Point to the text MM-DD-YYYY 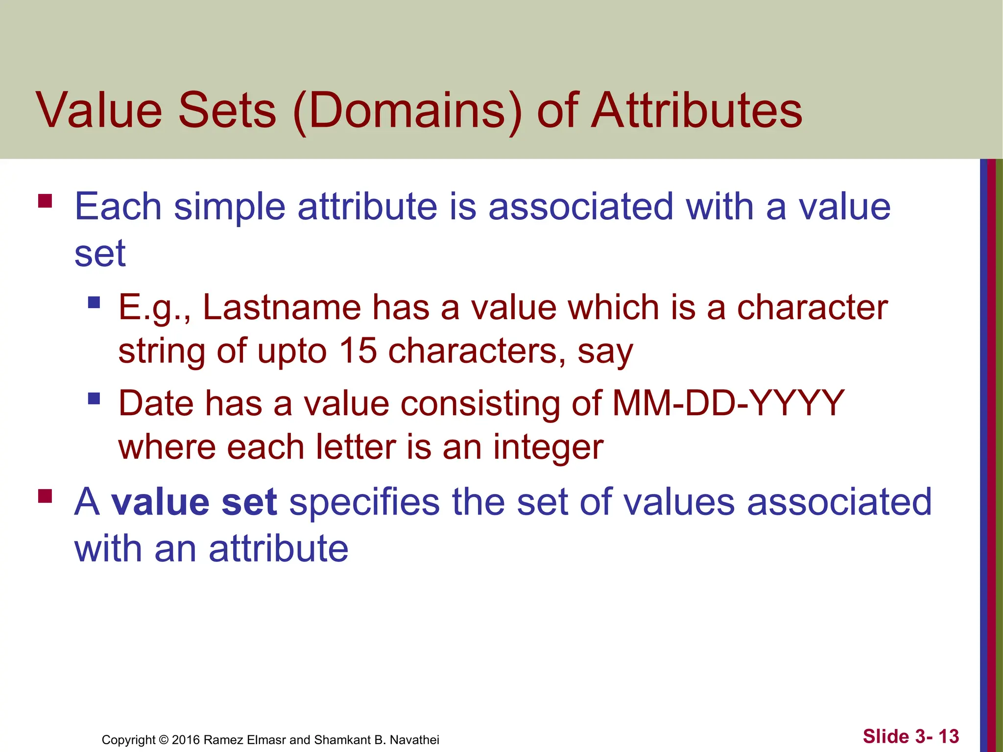(728, 403)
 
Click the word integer (548, 447)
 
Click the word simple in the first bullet (230, 207)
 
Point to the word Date (156, 403)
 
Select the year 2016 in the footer (186, 740)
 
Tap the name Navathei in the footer (414, 740)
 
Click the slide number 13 (949, 736)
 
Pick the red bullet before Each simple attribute (45, 201)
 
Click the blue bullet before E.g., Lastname (94, 302)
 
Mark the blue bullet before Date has (94, 398)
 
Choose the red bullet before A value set (45, 496)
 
